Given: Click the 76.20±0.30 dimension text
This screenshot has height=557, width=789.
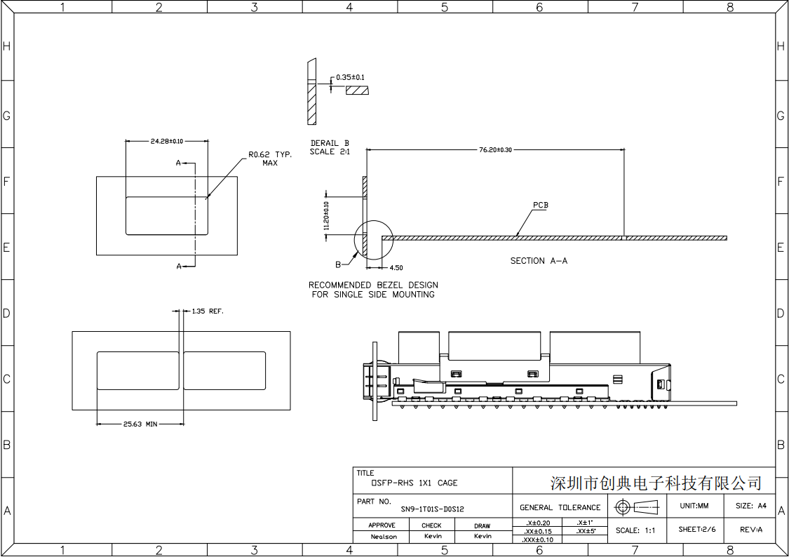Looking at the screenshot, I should tap(494, 149).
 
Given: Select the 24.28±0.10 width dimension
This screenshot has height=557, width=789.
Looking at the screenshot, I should tap(167, 141).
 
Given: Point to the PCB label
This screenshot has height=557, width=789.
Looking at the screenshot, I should tap(540, 206).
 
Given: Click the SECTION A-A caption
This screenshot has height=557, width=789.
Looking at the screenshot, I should tap(539, 261).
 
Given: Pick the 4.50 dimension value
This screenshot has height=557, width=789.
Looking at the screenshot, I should tap(396, 267).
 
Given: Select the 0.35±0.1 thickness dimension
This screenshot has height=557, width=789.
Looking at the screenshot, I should tap(350, 77).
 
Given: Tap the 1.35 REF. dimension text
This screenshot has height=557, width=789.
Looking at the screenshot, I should tap(208, 310).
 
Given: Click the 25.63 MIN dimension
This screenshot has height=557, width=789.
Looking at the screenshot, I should tap(140, 424).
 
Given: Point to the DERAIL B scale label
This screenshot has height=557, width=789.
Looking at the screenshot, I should tap(330, 147).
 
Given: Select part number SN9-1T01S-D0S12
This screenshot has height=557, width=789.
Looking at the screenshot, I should tap(432, 509).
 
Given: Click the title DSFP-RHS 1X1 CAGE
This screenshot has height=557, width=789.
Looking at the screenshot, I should tap(414, 483).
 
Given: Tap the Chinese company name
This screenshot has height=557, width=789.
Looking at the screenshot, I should tap(656, 483).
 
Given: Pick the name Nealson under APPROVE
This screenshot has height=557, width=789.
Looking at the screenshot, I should tap(384, 537).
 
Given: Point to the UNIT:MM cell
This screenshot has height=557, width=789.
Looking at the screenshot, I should tap(694, 506).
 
